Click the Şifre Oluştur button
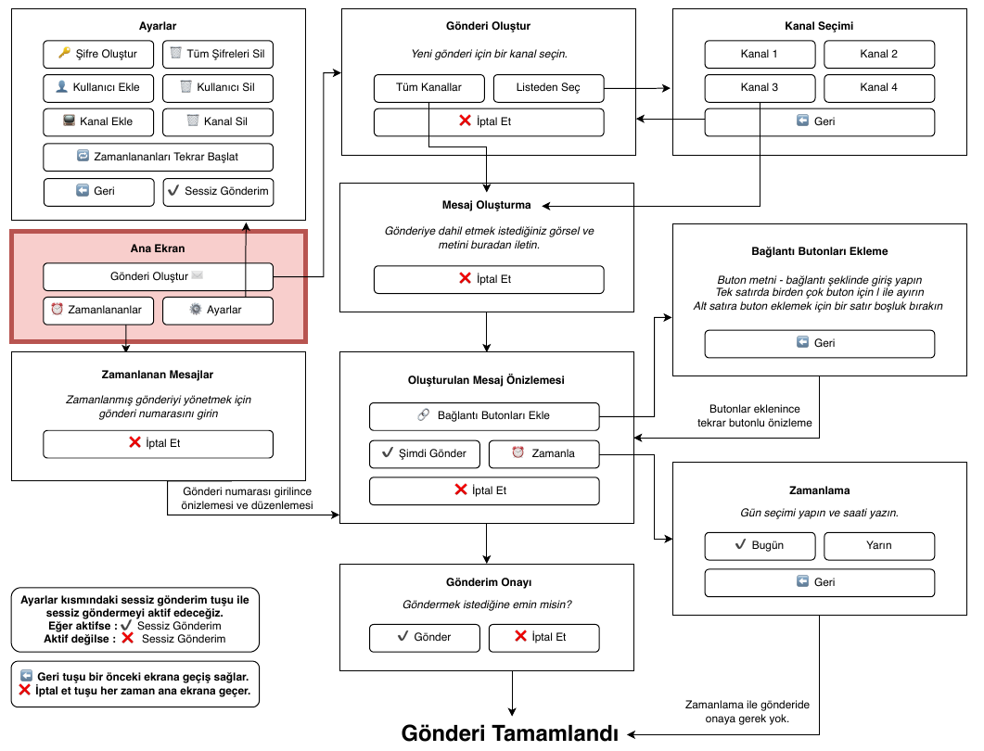click(x=98, y=54)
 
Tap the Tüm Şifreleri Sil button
click(x=218, y=54)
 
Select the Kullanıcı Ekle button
click(x=98, y=88)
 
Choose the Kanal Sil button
click(x=218, y=121)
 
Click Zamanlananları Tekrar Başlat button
click(x=159, y=157)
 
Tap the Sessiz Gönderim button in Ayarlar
click(x=218, y=192)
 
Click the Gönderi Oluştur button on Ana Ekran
click(x=159, y=276)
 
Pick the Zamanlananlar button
click(x=98, y=311)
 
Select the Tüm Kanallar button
click(x=429, y=88)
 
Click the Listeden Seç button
click(x=548, y=88)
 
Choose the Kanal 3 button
click(x=760, y=88)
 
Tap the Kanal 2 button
click(x=879, y=54)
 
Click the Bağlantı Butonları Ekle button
click(x=484, y=416)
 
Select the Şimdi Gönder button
click(x=425, y=454)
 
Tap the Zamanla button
click(x=544, y=454)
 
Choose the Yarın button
click(x=879, y=546)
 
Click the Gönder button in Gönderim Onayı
click(x=425, y=638)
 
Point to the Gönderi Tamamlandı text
click(x=509, y=733)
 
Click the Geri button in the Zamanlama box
click(x=820, y=583)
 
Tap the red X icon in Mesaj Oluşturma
click(x=465, y=278)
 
